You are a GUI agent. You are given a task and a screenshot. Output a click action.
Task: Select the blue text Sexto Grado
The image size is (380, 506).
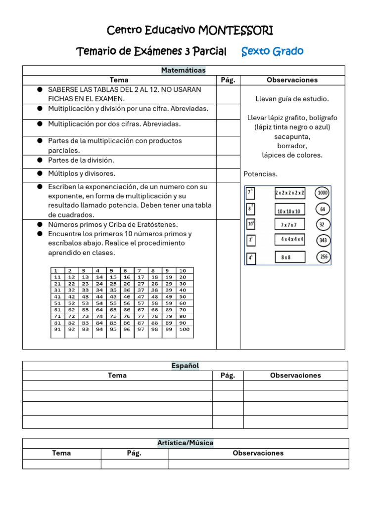click(272, 51)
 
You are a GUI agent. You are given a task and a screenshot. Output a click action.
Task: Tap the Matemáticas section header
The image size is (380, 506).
click(183, 71)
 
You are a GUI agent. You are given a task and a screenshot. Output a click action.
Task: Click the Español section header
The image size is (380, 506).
click(185, 366)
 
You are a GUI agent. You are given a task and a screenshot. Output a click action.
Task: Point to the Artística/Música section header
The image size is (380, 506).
click(185, 443)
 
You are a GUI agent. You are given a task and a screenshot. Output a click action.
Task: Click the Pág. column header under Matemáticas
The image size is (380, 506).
click(228, 80)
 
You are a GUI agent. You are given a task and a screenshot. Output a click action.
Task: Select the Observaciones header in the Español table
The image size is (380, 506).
click(295, 376)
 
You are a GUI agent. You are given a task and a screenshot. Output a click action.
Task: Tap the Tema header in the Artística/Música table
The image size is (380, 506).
click(61, 453)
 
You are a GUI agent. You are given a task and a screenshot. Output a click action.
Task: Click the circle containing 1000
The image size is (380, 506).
click(323, 193)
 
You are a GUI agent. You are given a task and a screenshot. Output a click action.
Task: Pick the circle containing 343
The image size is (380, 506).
click(323, 241)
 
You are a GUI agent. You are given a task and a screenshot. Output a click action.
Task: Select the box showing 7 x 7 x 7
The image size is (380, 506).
click(289, 224)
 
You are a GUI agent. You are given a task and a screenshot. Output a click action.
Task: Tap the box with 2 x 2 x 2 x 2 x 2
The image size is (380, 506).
click(290, 193)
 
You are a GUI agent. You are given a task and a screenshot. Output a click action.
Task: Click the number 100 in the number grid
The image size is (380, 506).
click(184, 329)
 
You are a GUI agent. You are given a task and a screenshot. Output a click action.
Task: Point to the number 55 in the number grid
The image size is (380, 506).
click(113, 303)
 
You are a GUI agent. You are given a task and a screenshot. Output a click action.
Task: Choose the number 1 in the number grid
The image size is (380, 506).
click(56, 271)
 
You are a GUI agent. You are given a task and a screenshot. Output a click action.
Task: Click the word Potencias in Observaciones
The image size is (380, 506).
click(261, 174)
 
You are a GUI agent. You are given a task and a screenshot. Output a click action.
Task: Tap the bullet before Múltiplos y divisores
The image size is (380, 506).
click(39, 173)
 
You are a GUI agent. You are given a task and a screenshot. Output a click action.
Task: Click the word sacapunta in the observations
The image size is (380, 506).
click(292, 137)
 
